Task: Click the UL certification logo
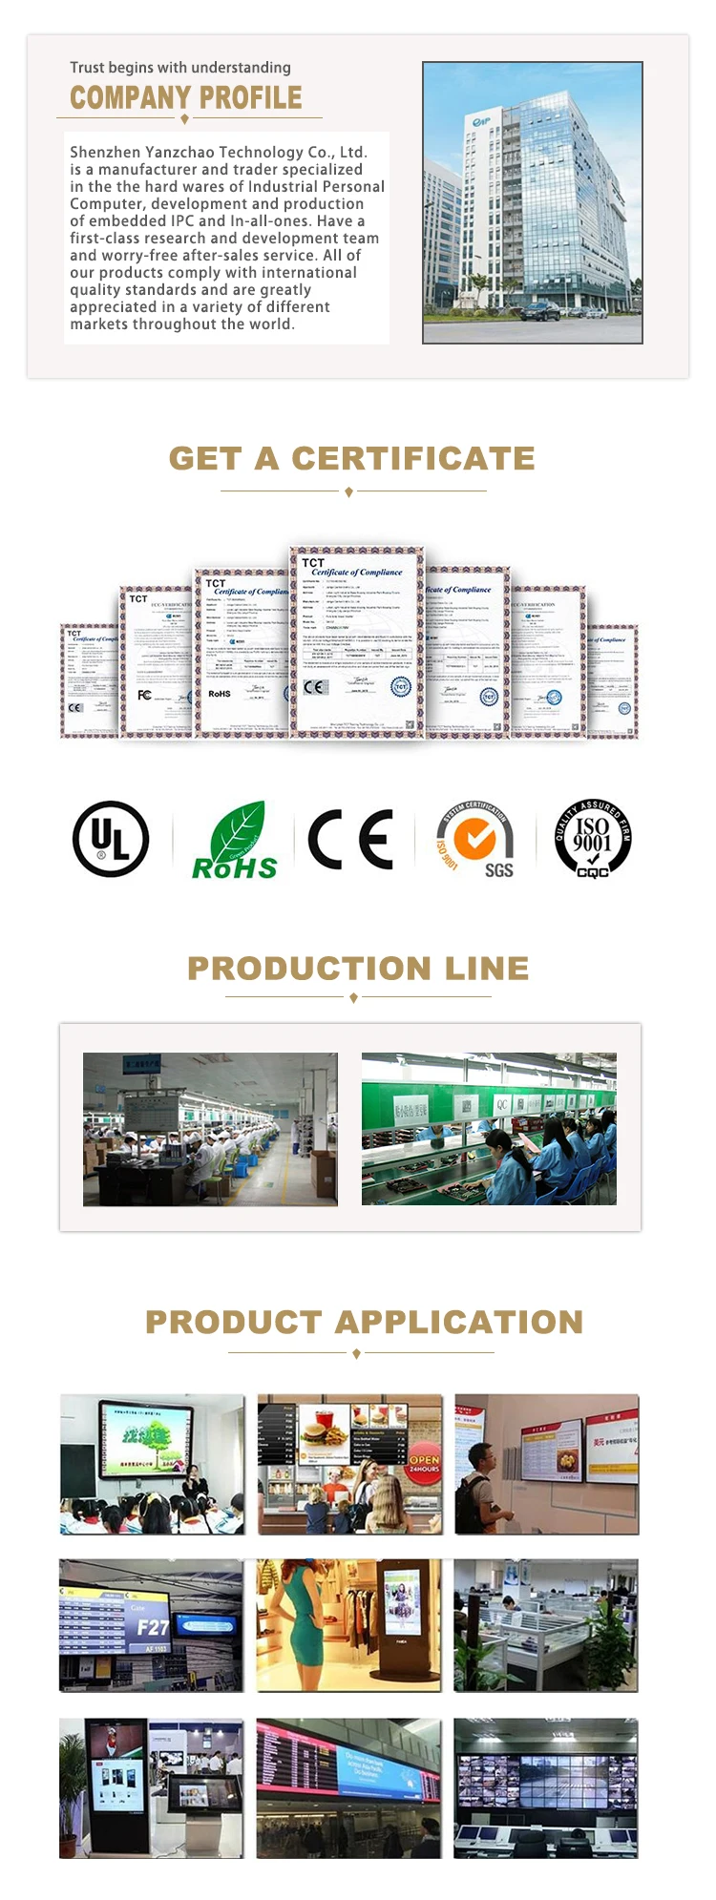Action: pyautogui.click(x=111, y=839)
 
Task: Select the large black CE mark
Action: pyautogui.click(x=350, y=840)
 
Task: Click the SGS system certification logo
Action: pyautogui.click(x=474, y=840)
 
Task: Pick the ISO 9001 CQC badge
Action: pyautogui.click(x=593, y=839)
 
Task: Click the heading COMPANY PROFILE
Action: pyautogui.click(x=186, y=97)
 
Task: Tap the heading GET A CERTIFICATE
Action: pyautogui.click(x=351, y=458)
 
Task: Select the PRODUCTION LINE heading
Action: pyautogui.click(x=358, y=968)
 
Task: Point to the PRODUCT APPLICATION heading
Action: pyautogui.click(x=364, y=1322)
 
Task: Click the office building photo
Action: pyautogui.click(x=532, y=202)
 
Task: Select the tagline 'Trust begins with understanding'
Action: pyautogui.click(x=180, y=68)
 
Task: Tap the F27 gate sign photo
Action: pyautogui.click(x=151, y=1626)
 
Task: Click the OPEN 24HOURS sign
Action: pyautogui.click(x=424, y=1463)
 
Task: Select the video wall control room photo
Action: pyautogui.click(x=545, y=1788)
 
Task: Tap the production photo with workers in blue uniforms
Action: pyautogui.click(x=489, y=1129)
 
